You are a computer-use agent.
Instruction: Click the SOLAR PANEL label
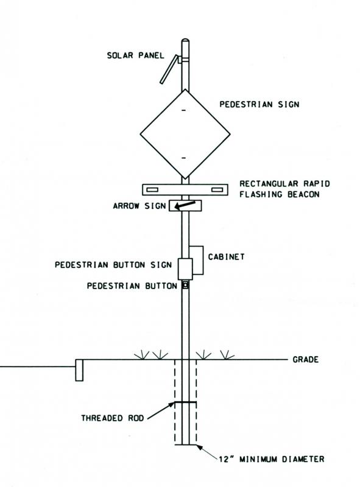pos(135,55)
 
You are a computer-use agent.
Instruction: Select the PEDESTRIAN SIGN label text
pos(259,104)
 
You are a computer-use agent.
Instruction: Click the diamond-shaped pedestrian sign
pos(185,134)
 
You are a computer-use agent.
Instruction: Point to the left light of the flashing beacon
pos(152,189)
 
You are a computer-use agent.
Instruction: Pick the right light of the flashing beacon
pos(217,189)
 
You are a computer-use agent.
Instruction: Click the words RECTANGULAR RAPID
pos(284,184)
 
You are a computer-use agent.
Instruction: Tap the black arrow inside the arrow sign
pos(185,205)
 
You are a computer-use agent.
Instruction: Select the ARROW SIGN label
pos(139,206)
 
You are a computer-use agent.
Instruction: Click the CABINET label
pos(226,257)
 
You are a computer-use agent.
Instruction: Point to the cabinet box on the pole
pos(196,261)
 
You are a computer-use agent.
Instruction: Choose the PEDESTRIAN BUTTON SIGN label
pos(113,265)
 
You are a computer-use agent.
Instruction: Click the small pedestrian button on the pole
pos(185,285)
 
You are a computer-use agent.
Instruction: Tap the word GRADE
pos(306,360)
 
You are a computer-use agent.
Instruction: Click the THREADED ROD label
pos(113,418)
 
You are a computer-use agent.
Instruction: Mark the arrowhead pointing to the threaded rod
pos(171,404)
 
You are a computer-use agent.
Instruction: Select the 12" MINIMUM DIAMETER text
pos(272,459)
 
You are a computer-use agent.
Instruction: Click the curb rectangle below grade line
pos(79,370)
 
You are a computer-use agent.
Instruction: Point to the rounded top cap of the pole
pos(185,41)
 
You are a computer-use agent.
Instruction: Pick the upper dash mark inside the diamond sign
pos(184,111)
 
